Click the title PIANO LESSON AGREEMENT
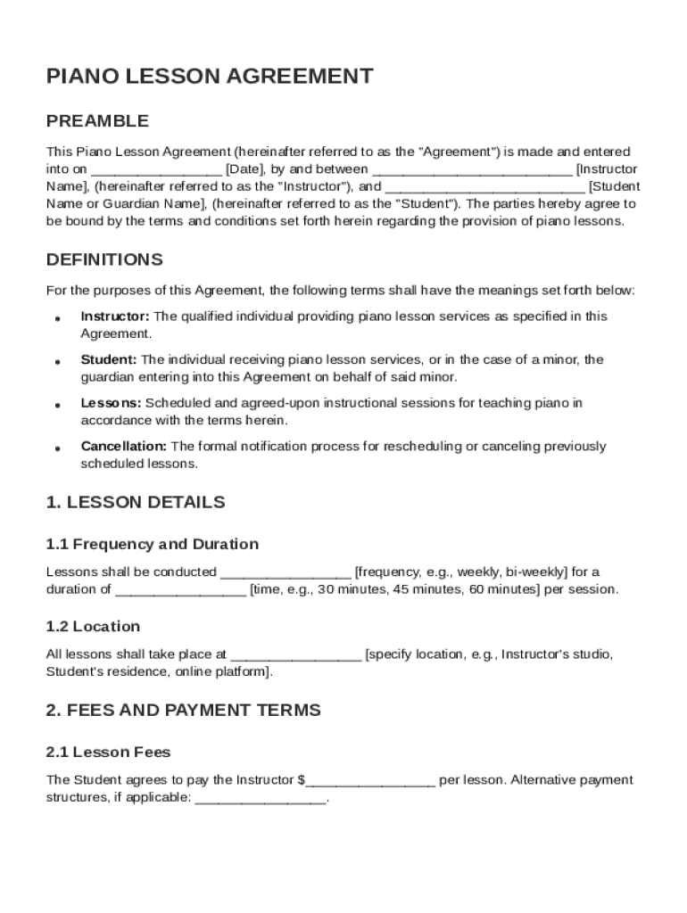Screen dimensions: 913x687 (x=209, y=77)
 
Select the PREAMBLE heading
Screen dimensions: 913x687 (x=97, y=121)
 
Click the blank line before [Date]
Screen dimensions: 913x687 (x=156, y=169)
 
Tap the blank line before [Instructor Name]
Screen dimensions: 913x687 (x=472, y=169)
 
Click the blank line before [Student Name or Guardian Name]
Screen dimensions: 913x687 (x=485, y=187)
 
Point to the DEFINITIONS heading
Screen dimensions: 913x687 (x=104, y=260)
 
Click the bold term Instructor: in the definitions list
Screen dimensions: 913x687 (x=116, y=317)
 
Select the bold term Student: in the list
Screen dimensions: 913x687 (x=109, y=360)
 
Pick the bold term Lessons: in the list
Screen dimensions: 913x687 (x=111, y=403)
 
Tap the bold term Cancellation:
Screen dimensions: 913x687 (x=124, y=447)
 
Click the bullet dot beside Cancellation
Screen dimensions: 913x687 (x=57, y=448)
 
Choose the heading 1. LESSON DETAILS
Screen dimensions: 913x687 (x=136, y=503)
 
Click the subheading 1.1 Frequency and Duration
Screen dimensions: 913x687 (x=153, y=545)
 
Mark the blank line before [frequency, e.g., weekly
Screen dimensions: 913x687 (x=286, y=572)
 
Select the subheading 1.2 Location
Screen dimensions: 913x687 (x=93, y=627)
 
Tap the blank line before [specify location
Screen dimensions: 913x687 (x=296, y=655)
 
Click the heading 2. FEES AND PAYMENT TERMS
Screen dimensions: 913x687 (x=183, y=711)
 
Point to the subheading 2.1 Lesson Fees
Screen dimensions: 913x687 (x=108, y=753)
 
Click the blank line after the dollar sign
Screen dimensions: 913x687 (x=370, y=781)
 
